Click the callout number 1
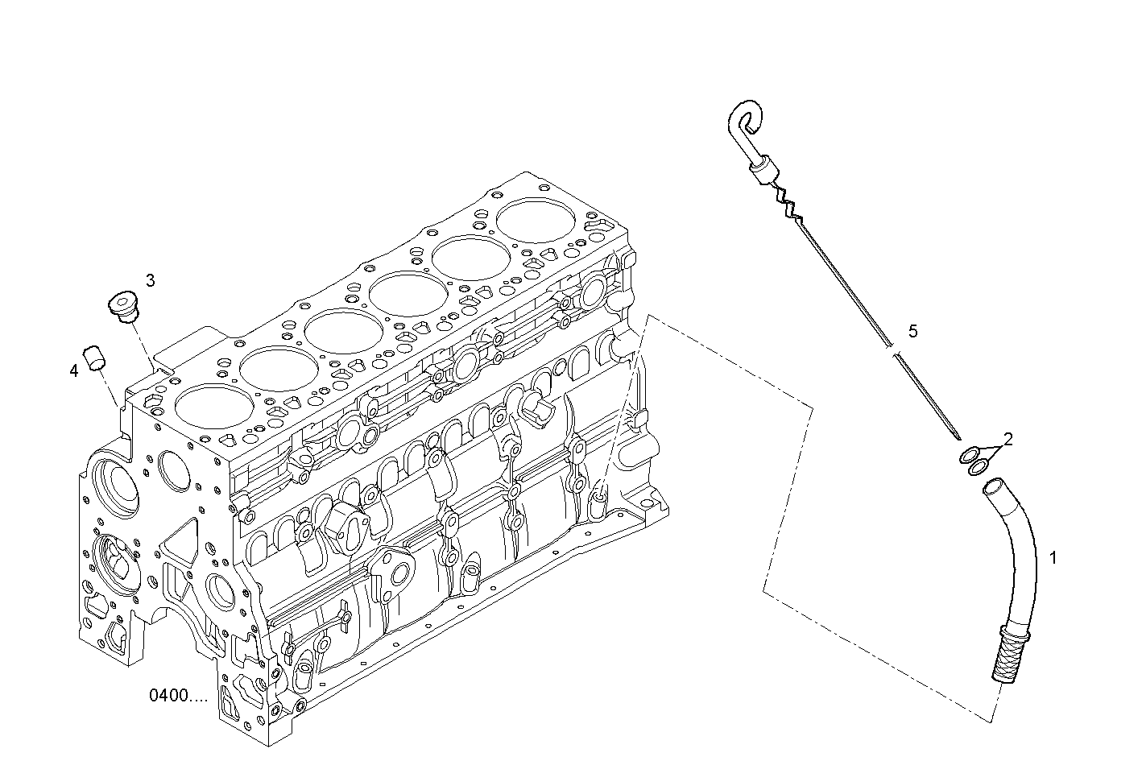pyautogui.click(x=1053, y=557)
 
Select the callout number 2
pyautogui.click(x=1007, y=439)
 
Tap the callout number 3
pyautogui.click(x=151, y=280)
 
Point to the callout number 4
pyautogui.click(x=73, y=370)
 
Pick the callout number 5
pyautogui.click(x=912, y=330)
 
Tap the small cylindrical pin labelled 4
pyautogui.click(x=96, y=358)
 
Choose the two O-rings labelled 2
pyautogui.click(x=974, y=461)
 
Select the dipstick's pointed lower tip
pyautogui.click(x=957, y=436)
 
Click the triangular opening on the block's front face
pyautogui.click(x=182, y=540)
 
